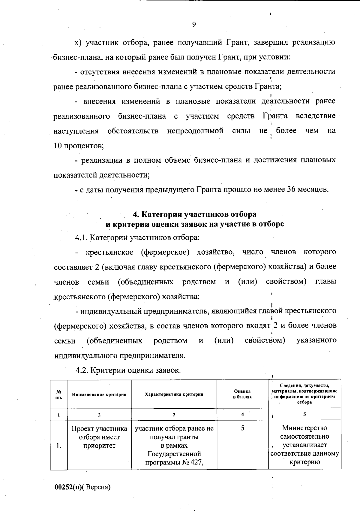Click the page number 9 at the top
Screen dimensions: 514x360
click(194, 24)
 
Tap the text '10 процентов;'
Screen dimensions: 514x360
click(79, 146)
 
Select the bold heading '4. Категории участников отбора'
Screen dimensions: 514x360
click(194, 214)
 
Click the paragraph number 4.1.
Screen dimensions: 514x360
click(82, 238)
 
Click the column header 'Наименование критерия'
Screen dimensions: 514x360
click(99, 395)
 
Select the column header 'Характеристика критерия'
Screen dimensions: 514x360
click(174, 394)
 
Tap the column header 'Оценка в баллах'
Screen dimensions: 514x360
click(242, 394)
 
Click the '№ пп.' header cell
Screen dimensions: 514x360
click(59, 394)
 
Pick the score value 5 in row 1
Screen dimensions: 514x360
click(242, 428)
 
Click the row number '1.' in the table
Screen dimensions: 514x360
click(59, 446)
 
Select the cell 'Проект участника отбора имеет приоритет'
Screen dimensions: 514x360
click(99, 437)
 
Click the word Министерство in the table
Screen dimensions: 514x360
click(304, 428)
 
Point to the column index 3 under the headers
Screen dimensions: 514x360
click(174, 415)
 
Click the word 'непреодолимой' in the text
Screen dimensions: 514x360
click(195, 131)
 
